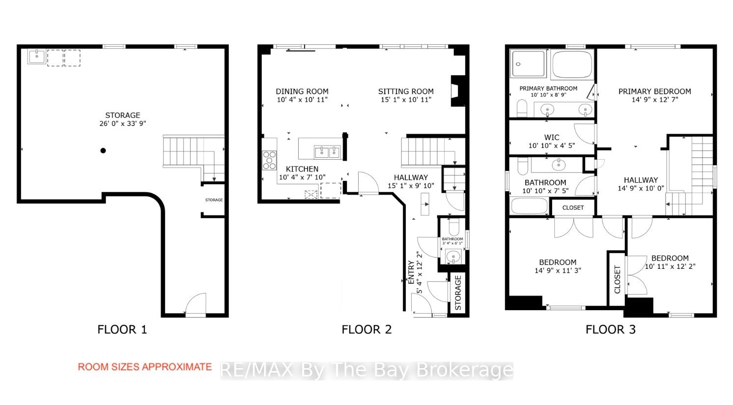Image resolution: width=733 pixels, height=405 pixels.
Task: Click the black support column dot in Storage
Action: (103, 150)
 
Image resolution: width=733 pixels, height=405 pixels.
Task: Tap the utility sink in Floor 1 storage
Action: (37, 57)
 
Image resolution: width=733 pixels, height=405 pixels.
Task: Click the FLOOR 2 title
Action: (366, 329)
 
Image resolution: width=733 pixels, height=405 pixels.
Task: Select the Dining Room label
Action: (302, 91)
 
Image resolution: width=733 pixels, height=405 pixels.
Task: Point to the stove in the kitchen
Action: (269, 160)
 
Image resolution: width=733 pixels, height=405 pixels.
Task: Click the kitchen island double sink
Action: (327, 152)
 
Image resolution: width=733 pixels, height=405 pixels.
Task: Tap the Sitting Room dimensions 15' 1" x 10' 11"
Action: (406, 100)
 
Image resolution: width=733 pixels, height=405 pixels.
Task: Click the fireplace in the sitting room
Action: (458, 91)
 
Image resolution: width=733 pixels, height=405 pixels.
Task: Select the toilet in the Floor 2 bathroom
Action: (453, 227)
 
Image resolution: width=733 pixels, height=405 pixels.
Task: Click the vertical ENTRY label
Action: (411, 272)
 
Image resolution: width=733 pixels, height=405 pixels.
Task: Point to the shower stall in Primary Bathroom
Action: (528, 64)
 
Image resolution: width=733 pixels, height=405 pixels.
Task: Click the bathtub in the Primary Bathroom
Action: (572, 64)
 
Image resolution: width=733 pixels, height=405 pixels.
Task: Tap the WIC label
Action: (552, 137)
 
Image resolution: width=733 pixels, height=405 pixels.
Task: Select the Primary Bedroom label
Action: (654, 91)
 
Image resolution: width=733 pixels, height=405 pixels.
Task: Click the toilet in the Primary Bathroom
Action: (522, 108)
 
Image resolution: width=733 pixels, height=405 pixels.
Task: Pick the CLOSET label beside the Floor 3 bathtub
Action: (573, 207)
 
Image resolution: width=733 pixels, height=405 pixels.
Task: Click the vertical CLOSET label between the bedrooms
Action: (617, 280)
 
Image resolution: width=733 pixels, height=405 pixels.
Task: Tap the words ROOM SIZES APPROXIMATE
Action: (144, 367)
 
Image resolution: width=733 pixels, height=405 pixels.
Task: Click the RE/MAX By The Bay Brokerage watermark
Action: (366, 370)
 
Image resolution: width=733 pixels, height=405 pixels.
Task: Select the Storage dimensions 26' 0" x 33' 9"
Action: (123, 123)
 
